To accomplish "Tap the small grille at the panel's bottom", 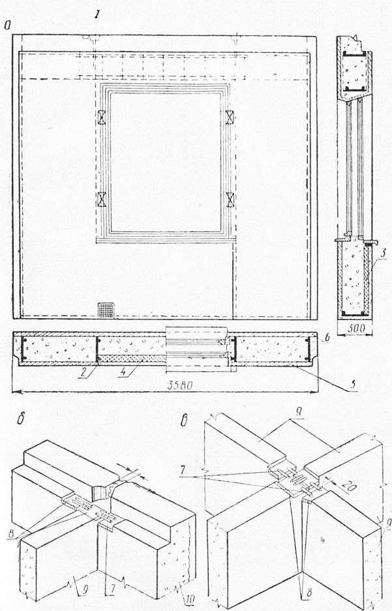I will pos(105,309).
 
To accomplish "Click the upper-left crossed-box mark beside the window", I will pos(102,117).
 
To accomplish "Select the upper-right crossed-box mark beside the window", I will pos(230,117).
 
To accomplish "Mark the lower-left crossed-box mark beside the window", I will pos(102,198).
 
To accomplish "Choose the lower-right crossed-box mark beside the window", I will pos(230,198).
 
